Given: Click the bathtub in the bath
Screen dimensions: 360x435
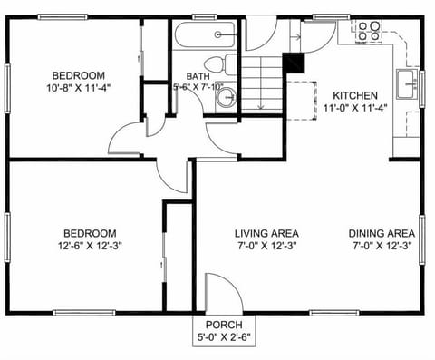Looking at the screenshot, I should coord(207,36).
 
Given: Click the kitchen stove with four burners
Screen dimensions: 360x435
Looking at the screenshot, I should coord(368,32).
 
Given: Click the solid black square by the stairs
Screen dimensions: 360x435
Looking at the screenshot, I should coord(293,63).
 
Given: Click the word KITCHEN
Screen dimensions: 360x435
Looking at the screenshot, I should coord(356,95).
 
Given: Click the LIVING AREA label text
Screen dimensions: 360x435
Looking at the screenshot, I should coord(266,233).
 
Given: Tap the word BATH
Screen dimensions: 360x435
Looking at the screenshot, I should coord(197,77).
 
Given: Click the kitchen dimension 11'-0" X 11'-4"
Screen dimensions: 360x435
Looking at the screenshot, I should coord(356,108).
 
